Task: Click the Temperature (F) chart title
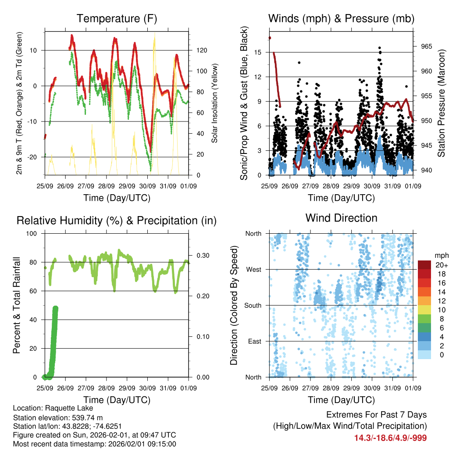pos(117,18)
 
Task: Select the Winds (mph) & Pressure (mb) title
pos(341,18)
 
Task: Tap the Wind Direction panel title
pos(341,218)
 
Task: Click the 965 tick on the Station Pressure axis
pos(420,46)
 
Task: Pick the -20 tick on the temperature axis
pos(35,157)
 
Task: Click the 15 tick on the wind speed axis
pos(258,52)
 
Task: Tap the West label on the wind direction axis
pos(254,269)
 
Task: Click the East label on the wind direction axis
pos(255,341)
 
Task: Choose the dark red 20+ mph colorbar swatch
pos(424,265)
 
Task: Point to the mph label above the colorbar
pos(441,255)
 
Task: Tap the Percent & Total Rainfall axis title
pos(17,305)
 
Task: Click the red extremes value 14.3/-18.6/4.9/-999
pos(390,438)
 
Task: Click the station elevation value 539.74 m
pos(88,417)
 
